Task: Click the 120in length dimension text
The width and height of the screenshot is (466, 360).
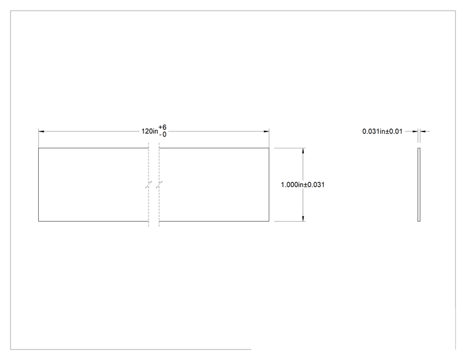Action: tap(150, 131)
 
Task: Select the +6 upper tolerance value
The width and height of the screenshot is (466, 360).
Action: tap(163, 128)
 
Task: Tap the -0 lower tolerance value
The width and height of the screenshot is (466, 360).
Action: tap(163, 135)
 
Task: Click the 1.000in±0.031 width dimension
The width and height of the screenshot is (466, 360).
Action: tap(303, 185)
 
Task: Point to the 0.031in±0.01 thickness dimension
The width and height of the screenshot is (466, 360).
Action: tap(382, 131)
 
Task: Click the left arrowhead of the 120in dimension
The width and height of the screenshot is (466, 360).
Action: tap(41, 131)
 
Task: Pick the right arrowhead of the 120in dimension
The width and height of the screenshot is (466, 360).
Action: tap(266, 131)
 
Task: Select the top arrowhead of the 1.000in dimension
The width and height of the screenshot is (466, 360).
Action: tap(303, 151)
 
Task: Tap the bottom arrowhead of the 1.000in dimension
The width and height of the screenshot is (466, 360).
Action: tap(303, 219)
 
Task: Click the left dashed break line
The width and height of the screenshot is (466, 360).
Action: tap(148, 185)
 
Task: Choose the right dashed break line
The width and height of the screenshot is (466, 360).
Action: tap(159, 185)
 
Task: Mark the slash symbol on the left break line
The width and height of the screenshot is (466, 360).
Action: tap(148, 185)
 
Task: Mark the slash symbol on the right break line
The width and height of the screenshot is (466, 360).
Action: tap(159, 185)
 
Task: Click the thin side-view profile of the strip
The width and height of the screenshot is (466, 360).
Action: tap(419, 185)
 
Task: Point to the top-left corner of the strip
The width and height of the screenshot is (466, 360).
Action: tap(39, 148)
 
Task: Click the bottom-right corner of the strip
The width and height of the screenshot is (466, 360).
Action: tap(269, 221)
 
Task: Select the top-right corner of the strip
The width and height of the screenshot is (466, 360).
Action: tap(269, 148)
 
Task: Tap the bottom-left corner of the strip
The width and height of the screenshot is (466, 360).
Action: tap(39, 221)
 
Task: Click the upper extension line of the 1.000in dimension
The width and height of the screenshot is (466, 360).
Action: tap(290, 148)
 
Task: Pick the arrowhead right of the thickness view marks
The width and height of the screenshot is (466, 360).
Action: tap(423, 131)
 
